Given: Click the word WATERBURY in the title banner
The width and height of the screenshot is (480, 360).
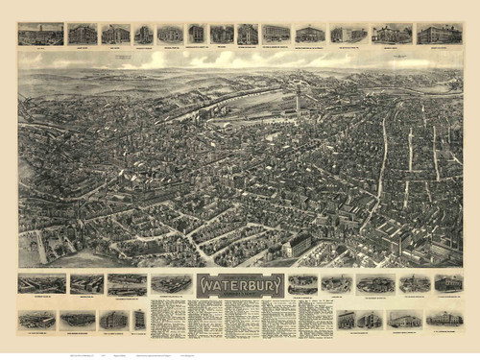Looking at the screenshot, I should coord(240,285).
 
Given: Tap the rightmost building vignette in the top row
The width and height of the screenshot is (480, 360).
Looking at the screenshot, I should coord(440,35).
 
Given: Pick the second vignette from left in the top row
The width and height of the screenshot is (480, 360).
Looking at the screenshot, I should coord(83,35).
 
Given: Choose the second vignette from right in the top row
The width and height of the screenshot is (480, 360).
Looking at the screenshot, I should coord(392,35).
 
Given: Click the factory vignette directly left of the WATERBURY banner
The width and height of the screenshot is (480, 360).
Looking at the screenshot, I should coord(171,284).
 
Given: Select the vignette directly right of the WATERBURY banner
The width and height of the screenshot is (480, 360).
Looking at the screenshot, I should coord(302,284).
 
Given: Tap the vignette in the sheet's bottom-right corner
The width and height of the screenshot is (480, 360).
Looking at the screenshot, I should coord(444,319).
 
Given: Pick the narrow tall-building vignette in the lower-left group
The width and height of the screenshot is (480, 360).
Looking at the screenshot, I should coord(139,319).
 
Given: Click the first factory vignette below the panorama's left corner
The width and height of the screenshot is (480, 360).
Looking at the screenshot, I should coord(41,284).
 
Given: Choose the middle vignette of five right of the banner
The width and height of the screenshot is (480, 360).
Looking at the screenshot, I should coord(374,284).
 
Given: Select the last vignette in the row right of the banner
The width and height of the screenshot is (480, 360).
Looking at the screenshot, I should coord(447,283).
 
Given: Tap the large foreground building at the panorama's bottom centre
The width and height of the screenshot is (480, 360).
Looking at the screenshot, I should coord(298,244).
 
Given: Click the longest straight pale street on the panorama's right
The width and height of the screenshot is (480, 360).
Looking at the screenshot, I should coord(383,163).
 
